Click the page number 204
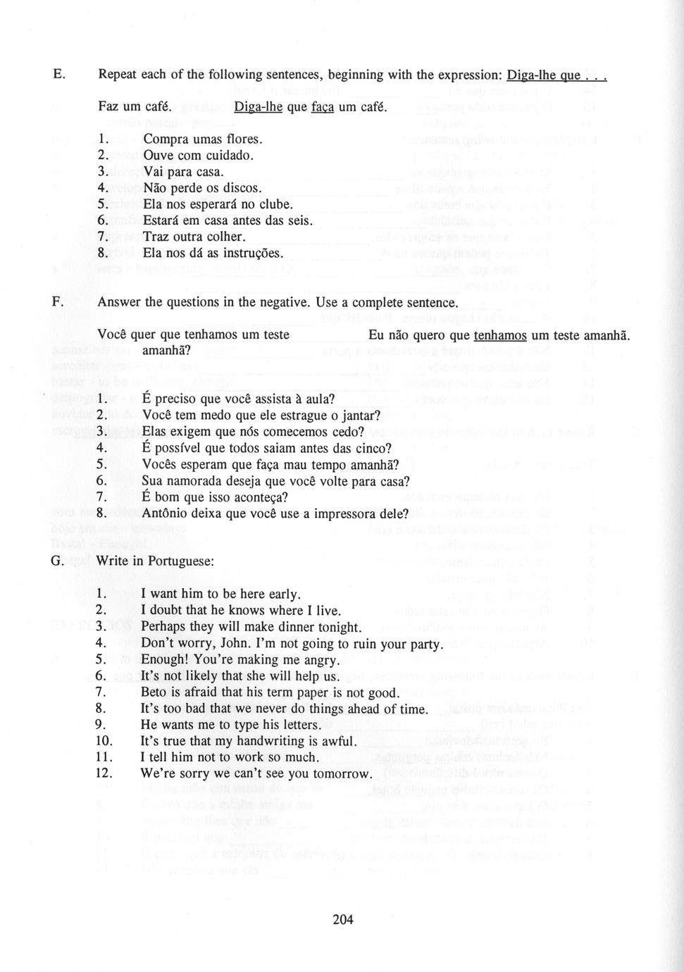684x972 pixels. [342, 919]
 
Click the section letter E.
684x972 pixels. [58, 74]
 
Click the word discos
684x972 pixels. [242, 188]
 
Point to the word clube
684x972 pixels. [275, 204]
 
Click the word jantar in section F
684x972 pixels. [359, 416]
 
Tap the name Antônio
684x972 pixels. [167, 513]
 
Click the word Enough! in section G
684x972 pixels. [166, 660]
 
